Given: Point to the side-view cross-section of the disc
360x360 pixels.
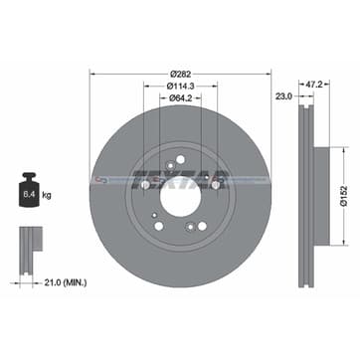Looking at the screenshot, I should pos(308,180).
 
